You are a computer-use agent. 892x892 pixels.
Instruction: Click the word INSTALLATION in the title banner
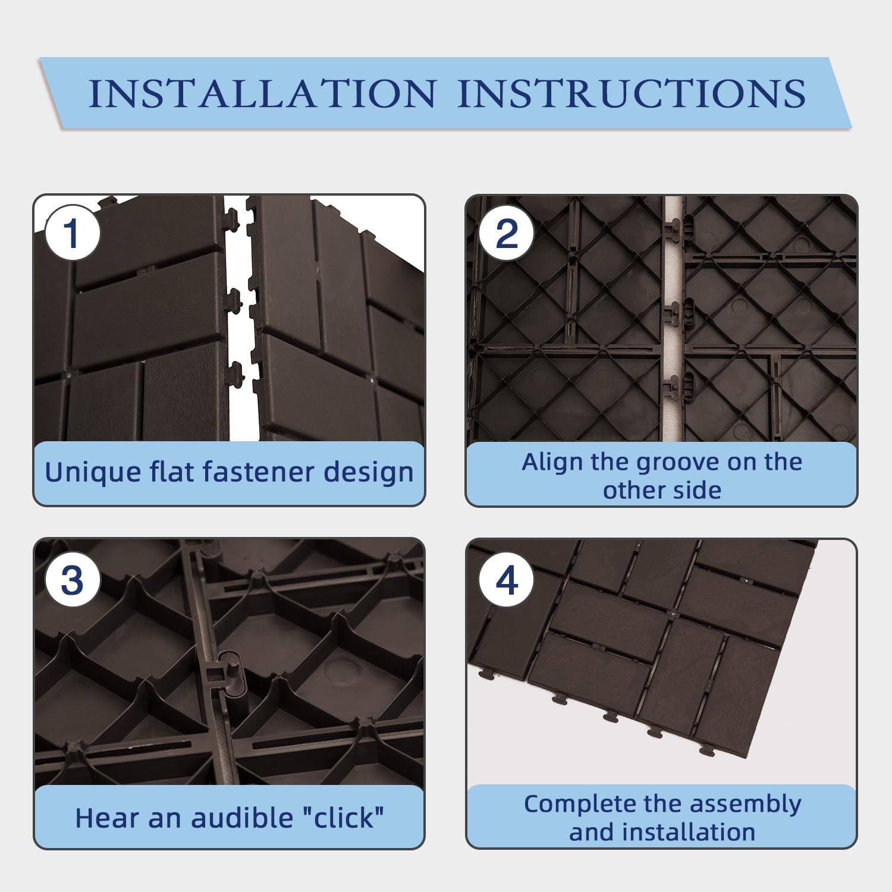point(262,93)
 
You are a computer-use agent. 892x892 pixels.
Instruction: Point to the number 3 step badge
point(72,580)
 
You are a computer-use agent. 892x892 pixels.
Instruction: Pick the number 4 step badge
point(506,580)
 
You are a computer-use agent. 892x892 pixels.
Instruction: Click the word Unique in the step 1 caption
point(90,473)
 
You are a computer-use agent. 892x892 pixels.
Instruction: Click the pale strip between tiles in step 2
point(673,321)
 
